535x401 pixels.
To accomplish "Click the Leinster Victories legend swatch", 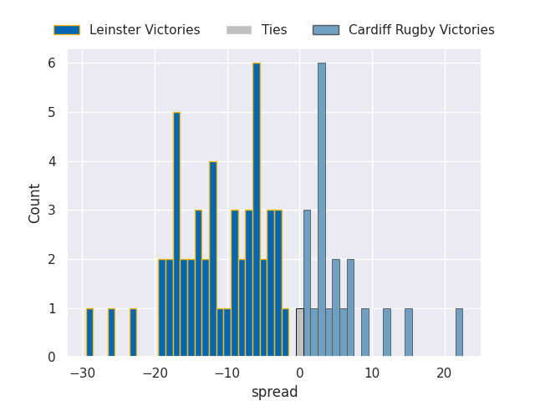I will pos(67,30).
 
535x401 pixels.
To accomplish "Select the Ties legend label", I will pos(274,30).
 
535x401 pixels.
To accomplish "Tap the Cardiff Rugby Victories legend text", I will pos(421,30).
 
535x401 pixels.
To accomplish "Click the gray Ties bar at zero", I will pos(299,333).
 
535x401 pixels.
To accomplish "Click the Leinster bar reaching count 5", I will pos(176,235).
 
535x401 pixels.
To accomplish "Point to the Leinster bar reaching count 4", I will pos(213,259).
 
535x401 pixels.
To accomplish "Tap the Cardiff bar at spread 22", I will pos(459,333).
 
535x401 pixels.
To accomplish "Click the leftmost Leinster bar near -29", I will pos(89,333).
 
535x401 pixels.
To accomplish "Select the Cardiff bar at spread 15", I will pos(408,333).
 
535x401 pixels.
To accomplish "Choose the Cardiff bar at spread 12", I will pos(386,333).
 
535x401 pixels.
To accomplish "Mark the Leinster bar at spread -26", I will pos(111,333).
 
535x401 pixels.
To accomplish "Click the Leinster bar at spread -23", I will pos(133,333).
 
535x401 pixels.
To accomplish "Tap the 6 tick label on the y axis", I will pos(51,63).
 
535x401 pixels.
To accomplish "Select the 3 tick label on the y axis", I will pos(51,211).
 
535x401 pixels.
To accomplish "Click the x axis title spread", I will pos(274,392).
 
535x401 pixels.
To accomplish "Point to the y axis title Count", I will pos(34,203).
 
